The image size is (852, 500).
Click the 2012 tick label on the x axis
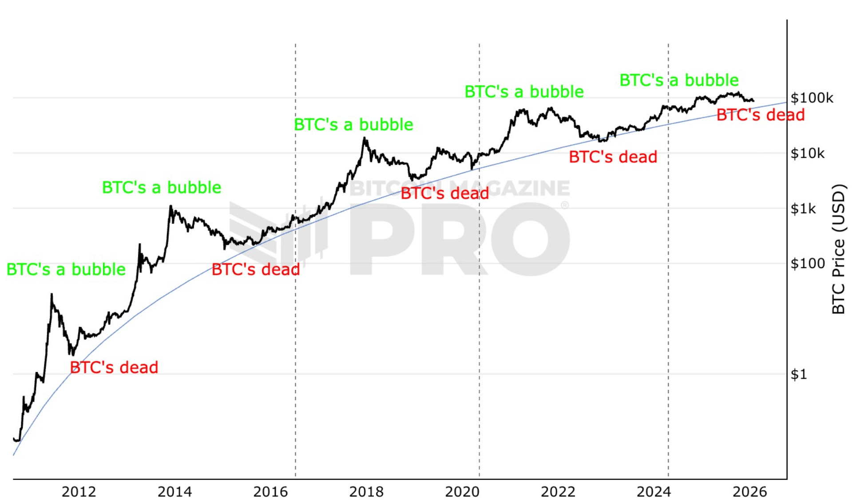pyautogui.click(x=79, y=492)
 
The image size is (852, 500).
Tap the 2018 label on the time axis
pyautogui.click(x=366, y=492)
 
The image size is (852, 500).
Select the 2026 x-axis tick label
pyautogui.click(x=750, y=492)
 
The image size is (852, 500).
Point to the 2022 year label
pyautogui.click(x=558, y=492)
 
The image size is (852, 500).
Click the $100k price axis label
pyautogui.click(x=812, y=98)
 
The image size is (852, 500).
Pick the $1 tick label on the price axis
pyautogui.click(x=799, y=374)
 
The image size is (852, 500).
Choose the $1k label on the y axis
pyautogui.click(x=803, y=208)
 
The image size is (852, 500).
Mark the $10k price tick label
pyautogui.click(x=808, y=153)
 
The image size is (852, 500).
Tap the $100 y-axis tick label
pyautogui.click(x=808, y=264)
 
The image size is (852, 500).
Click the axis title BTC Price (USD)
pyautogui.click(x=838, y=249)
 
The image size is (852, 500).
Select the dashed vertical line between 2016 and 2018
pyautogui.click(x=296, y=356)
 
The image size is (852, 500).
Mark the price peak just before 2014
pyautogui.click(x=170, y=206)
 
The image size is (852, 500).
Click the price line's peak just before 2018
pyautogui.click(x=365, y=138)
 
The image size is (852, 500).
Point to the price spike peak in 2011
pyautogui.click(x=52, y=294)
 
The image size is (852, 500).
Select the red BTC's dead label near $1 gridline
pyautogui.click(x=114, y=368)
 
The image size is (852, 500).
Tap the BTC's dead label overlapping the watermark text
pyautogui.click(x=444, y=193)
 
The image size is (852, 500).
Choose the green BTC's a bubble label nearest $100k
pyautogui.click(x=679, y=80)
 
